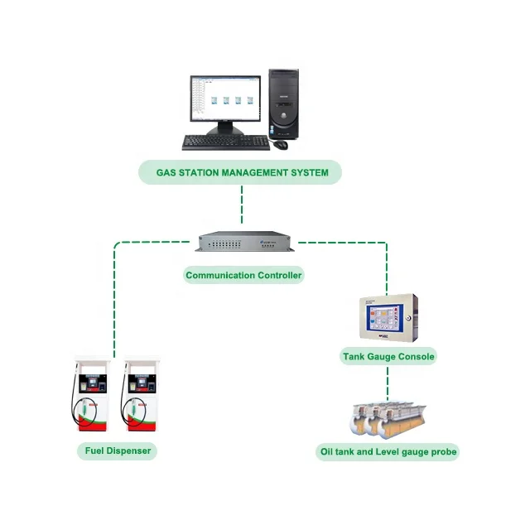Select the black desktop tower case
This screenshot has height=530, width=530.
(x=283, y=104)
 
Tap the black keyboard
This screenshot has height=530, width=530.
(x=225, y=142)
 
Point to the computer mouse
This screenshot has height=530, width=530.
(x=282, y=144)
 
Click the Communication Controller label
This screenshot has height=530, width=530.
(x=243, y=275)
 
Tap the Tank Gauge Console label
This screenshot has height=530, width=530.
(x=388, y=357)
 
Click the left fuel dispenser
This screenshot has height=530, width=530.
(x=91, y=396)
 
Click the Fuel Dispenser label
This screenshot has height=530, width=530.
(x=118, y=451)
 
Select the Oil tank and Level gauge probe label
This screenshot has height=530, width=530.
(x=388, y=452)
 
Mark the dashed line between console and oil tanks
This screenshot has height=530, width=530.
(x=388, y=383)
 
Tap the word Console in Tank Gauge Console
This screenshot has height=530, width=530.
(x=414, y=357)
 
